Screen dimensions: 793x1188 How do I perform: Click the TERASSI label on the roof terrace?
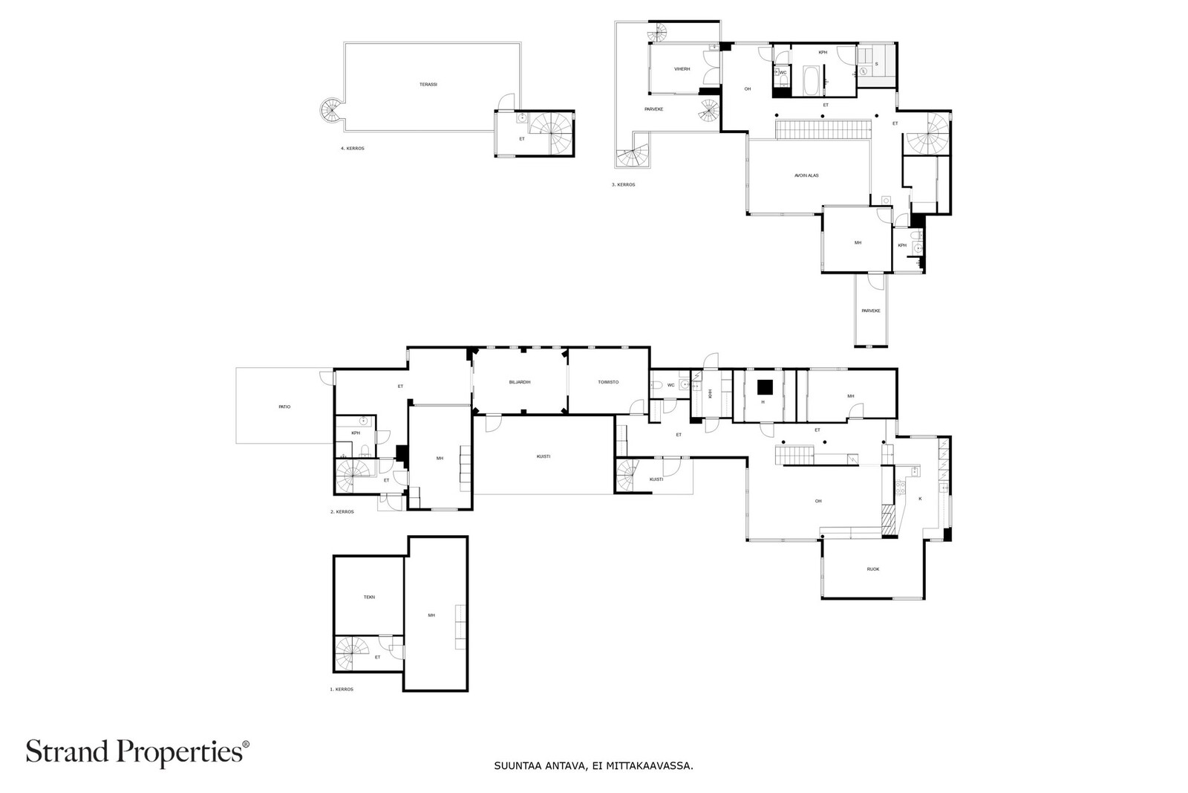(428, 85)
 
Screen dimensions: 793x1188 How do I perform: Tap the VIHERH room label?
(682, 69)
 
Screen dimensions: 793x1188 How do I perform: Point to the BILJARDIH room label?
(520, 382)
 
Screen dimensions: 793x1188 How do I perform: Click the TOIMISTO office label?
(608, 382)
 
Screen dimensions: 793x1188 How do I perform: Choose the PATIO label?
(284, 407)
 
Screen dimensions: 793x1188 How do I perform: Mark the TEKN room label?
(369, 597)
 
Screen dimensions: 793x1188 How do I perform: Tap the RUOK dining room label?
(873, 569)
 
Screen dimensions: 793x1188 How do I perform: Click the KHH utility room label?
(711, 395)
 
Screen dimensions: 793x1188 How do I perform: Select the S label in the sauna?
(876, 64)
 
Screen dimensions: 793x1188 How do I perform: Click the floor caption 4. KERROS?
(353, 149)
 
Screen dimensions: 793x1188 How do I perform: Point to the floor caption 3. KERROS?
(624, 185)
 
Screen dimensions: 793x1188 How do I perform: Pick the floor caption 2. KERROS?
(342, 512)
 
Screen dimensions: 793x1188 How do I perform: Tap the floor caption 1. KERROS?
(342, 690)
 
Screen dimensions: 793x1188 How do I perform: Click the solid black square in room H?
(765, 387)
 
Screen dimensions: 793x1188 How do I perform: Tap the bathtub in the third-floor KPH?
(811, 80)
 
